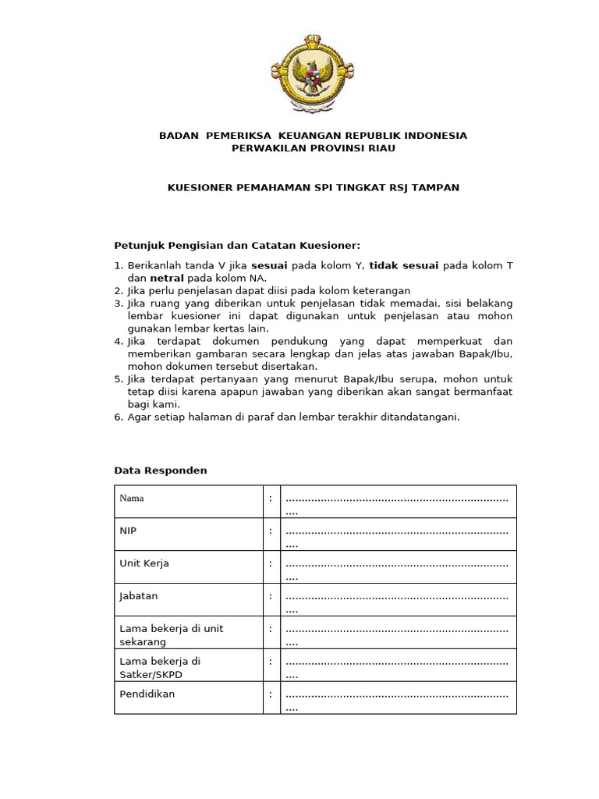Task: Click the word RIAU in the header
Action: pos(378,147)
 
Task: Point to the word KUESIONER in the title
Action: pos(202,187)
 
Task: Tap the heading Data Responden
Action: pos(161,471)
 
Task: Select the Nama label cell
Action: pos(132,498)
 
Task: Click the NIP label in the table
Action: pos(129,531)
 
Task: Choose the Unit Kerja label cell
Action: pos(144,563)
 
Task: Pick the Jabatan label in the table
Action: pos(139,596)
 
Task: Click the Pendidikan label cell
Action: pos(147,694)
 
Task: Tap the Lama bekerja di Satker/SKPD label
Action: pos(160,667)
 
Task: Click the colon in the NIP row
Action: pos(271,531)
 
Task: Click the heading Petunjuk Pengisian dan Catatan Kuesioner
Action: pos(238,245)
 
